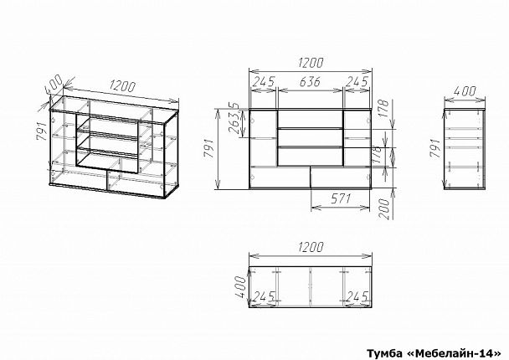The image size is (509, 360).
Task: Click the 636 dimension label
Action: click(310, 81)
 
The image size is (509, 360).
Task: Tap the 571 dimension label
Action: click(341, 198)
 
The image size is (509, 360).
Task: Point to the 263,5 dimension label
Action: click(236, 119)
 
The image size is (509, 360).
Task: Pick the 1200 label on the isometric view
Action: click(121, 86)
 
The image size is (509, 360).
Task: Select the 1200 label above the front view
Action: click(310, 63)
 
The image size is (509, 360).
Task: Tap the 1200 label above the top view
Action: click(311, 247)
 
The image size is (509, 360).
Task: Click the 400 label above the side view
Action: click(465, 91)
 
